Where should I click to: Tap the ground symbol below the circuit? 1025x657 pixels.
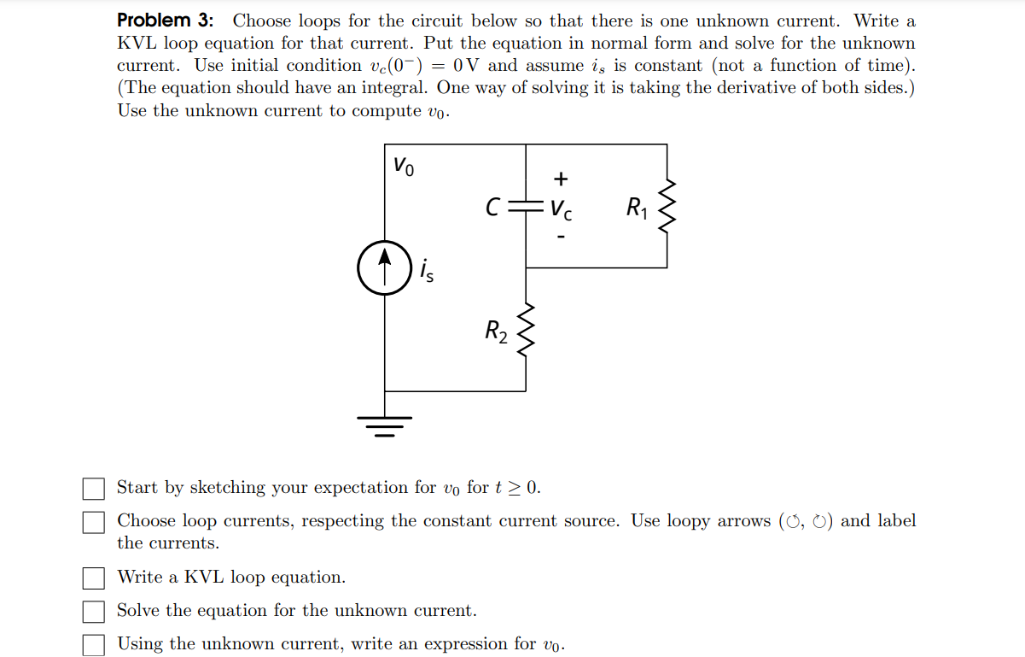pos(385,425)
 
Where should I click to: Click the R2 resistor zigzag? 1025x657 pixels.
pos(527,330)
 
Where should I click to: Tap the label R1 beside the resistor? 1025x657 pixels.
pos(637,207)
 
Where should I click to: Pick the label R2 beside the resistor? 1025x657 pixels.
pos(496,331)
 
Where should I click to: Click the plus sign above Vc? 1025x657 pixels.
pos(560,179)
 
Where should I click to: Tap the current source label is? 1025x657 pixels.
pos(426,271)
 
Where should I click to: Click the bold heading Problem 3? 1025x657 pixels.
pos(166,20)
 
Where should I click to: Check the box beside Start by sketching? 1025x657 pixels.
pos(93,489)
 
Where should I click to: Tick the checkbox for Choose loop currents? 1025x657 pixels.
pos(93,522)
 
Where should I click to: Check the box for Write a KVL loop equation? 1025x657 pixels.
pos(93,578)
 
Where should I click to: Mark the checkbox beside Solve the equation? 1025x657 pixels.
pos(93,612)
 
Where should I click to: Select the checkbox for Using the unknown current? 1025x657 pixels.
pos(93,645)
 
